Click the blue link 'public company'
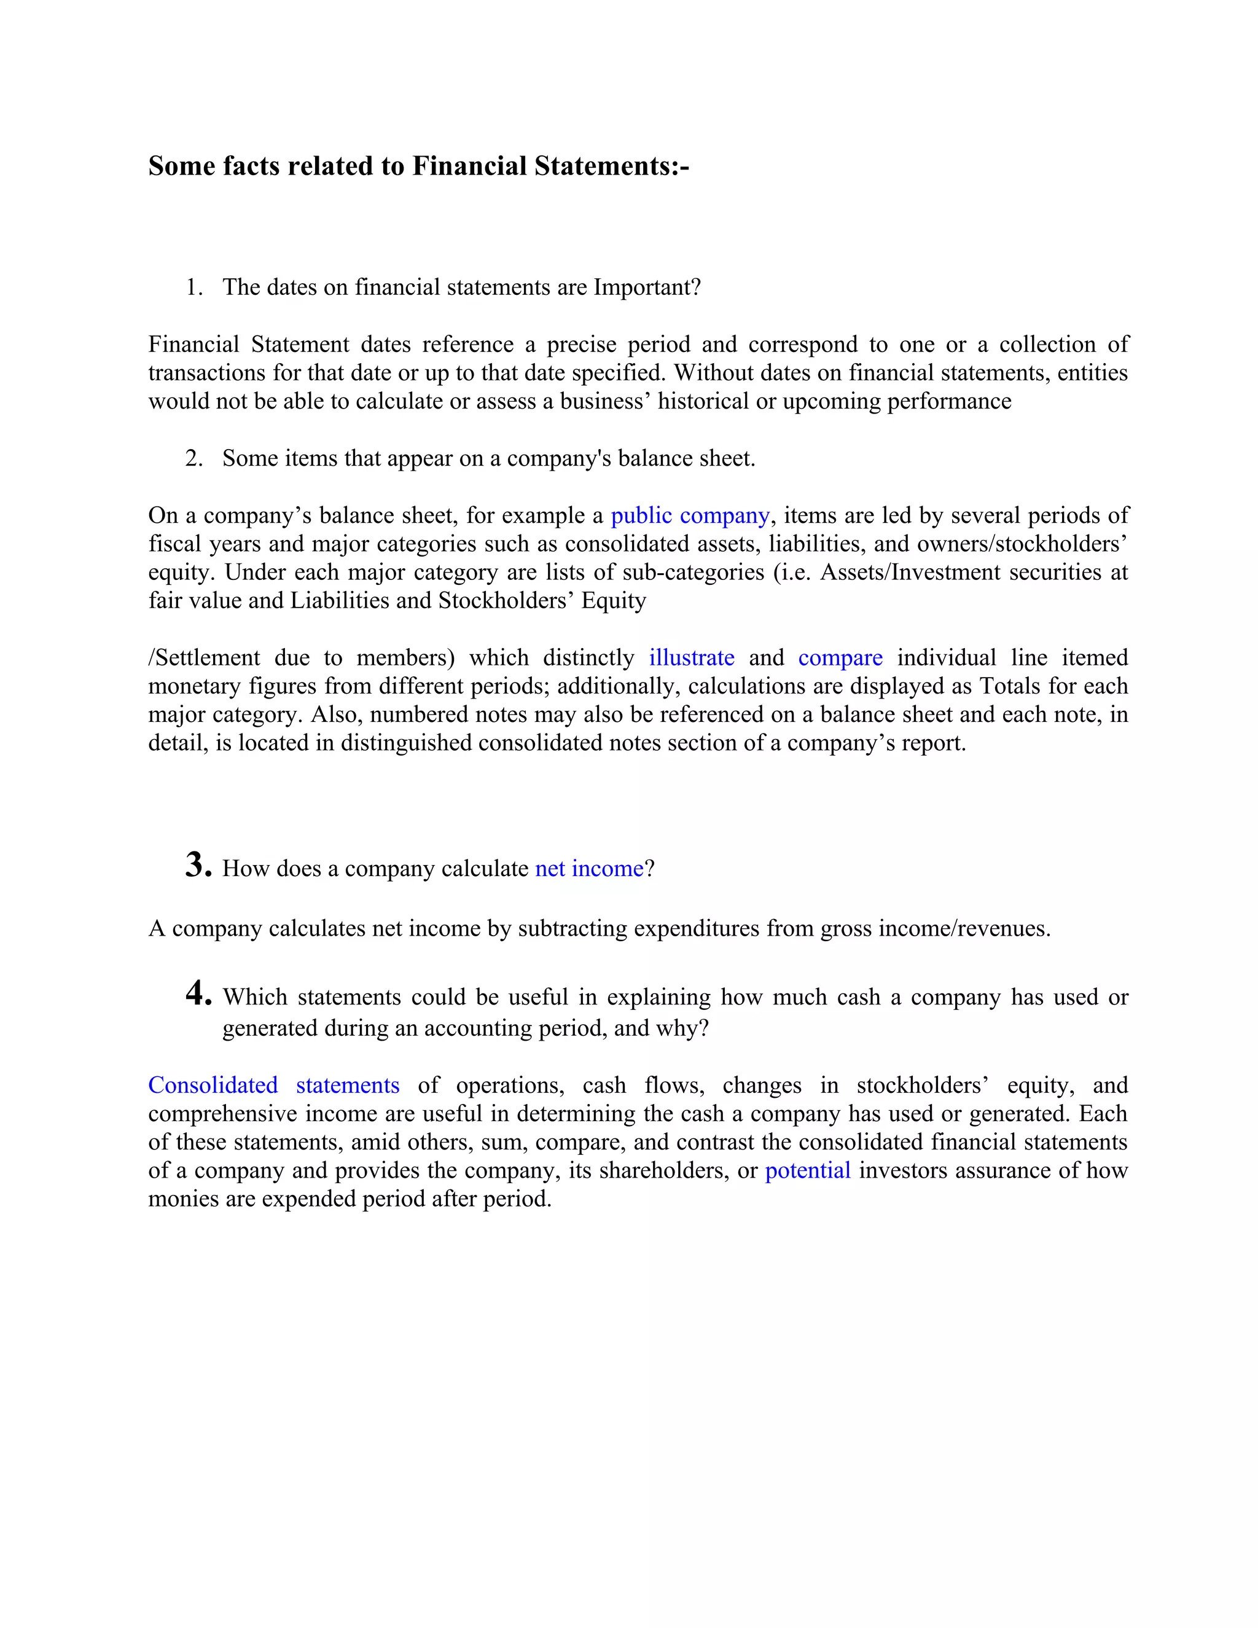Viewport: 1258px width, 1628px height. (x=689, y=516)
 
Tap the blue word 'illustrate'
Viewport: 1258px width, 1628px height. (x=691, y=658)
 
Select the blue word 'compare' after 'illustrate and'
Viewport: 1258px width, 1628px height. (x=840, y=658)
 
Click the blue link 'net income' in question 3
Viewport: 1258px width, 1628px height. (x=588, y=869)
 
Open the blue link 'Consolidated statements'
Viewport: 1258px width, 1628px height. (x=273, y=1086)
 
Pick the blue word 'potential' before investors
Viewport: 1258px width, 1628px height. (x=807, y=1171)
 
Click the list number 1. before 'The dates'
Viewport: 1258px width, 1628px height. (x=193, y=288)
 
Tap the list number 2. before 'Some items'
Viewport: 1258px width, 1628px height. (x=193, y=458)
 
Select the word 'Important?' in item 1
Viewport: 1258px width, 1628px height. (x=647, y=288)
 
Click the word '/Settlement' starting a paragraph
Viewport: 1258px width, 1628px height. (x=204, y=658)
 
